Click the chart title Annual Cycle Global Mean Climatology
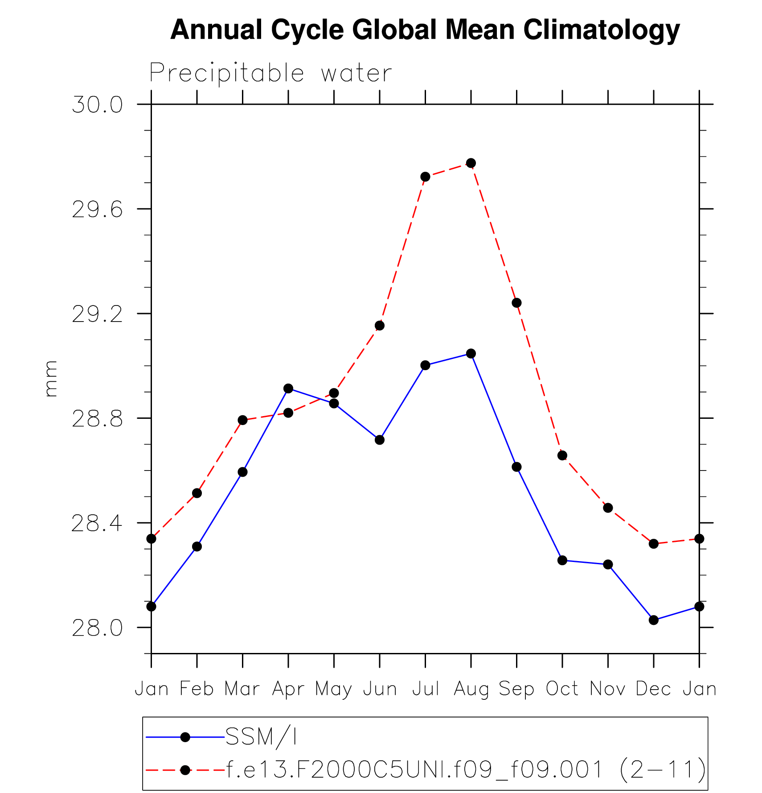[x=425, y=30]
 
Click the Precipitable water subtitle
[x=270, y=73]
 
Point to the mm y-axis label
[x=51, y=379]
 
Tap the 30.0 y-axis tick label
[x=97, y=105]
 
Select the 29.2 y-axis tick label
[x=97, y=314]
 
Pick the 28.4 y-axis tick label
[x=97, y=524]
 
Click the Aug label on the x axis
[x=471, y=690]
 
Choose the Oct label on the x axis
[x=562, y=689]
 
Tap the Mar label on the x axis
[x=242, y=689]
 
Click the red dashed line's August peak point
[x=471, y=163]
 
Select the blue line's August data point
[x=471, y=354]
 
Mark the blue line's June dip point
[x=380, y=440]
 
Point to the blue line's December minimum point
[x=654, y=620]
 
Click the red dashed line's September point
[x=516, y=303]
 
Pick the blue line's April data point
[x=288, y=388]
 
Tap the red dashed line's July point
[x=425, y=177]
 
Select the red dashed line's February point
[x=197, y=493]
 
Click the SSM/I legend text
[x=261, y=737]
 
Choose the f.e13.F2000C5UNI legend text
[x=466, y=769]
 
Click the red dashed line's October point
[x=562, y=455]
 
